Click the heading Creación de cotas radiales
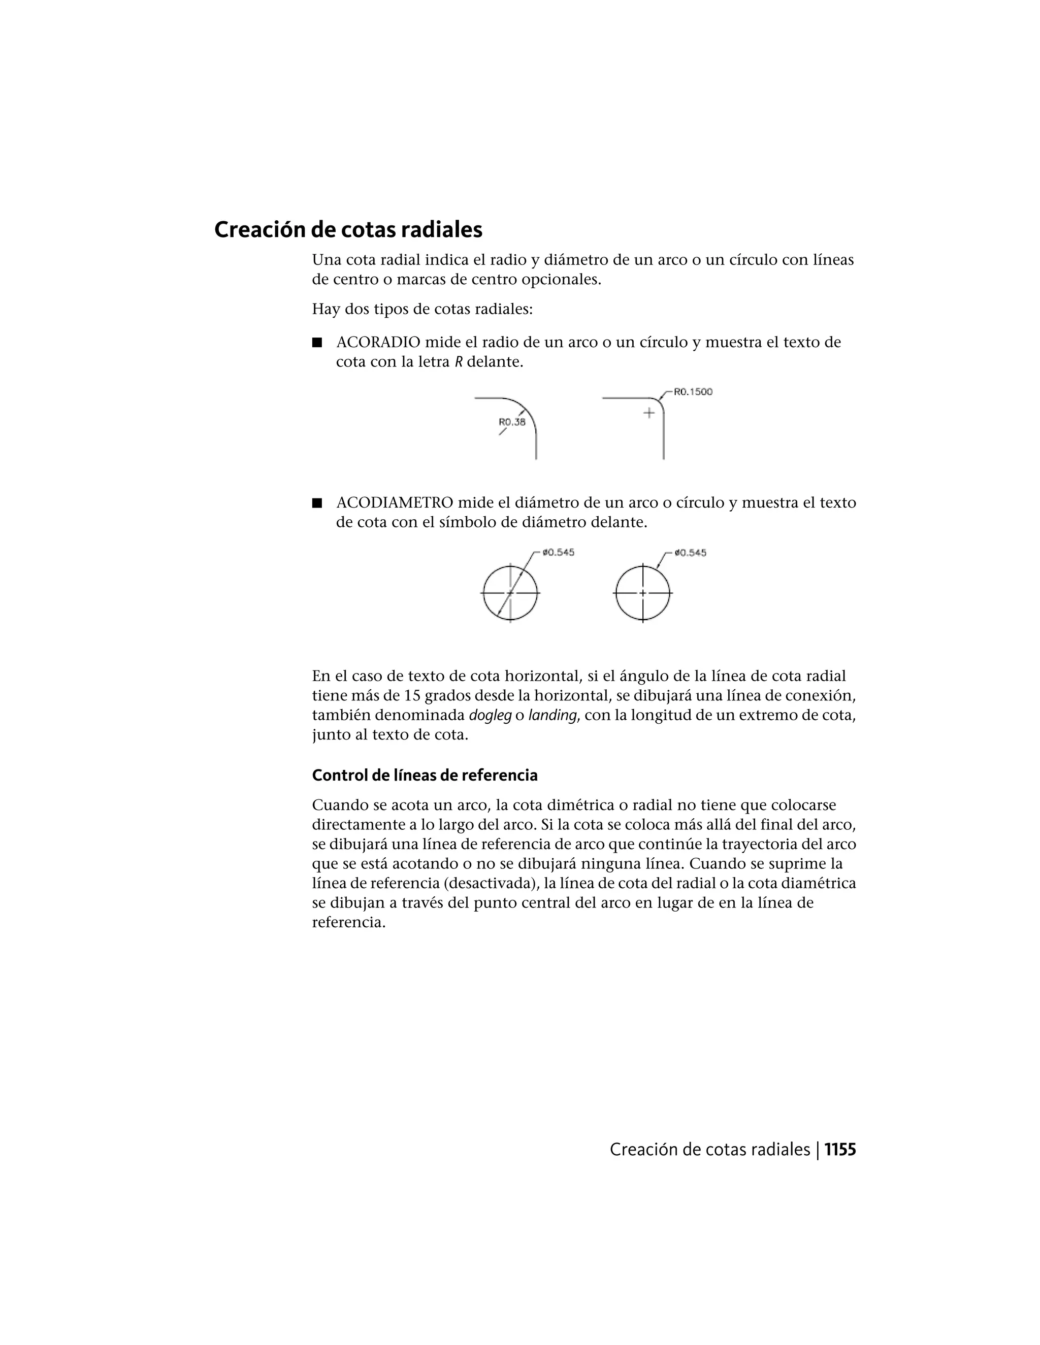tap(348, 230)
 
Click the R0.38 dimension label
tap(511, 422)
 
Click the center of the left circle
tap(510, 593)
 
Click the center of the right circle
tap(642, 593)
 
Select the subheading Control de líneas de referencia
tap(425, 776)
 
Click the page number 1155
tap(840, 1150)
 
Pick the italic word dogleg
tap(490, 716)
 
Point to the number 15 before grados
tap(413, 696)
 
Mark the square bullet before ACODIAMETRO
tap(317, 503)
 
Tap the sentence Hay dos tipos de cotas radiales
tap(422, 309)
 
